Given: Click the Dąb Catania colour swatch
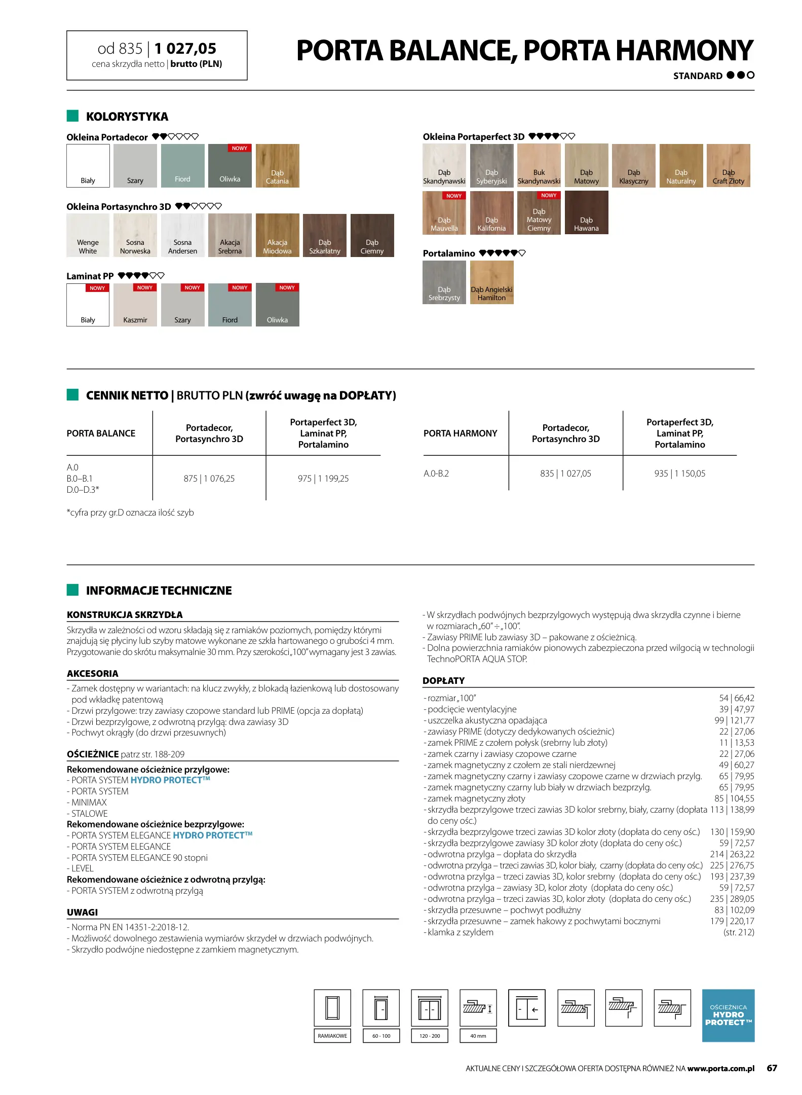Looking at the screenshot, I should point(277,166).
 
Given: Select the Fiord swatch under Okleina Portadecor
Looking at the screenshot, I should point(182,166).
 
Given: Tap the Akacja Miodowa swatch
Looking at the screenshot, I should point(277,235).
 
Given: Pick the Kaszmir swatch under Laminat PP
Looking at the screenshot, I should point(135,305).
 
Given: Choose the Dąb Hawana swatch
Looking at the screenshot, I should point(586,212).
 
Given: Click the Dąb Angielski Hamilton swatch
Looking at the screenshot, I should point(491,282).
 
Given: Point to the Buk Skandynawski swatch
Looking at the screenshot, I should point(539,165).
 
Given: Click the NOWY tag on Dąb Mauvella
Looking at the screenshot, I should point(453,196).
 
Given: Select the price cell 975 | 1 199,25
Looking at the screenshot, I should point(323,479).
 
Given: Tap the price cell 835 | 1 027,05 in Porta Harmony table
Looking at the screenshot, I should point(565,473).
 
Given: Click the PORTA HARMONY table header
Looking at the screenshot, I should point(460,433).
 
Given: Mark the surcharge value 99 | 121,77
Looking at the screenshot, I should point(734,720).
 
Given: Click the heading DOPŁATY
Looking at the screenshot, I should point(443,681).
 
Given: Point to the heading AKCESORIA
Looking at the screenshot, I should point(93,674).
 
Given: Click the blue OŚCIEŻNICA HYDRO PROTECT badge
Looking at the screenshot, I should point(728,1015).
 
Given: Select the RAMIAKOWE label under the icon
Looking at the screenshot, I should point(332,1036).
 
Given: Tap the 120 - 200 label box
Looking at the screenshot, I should point(430,1036).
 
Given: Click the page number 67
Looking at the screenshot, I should point(772,1068).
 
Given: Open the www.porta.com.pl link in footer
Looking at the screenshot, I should point(720,1069).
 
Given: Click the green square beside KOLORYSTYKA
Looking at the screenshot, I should point(72,116).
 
